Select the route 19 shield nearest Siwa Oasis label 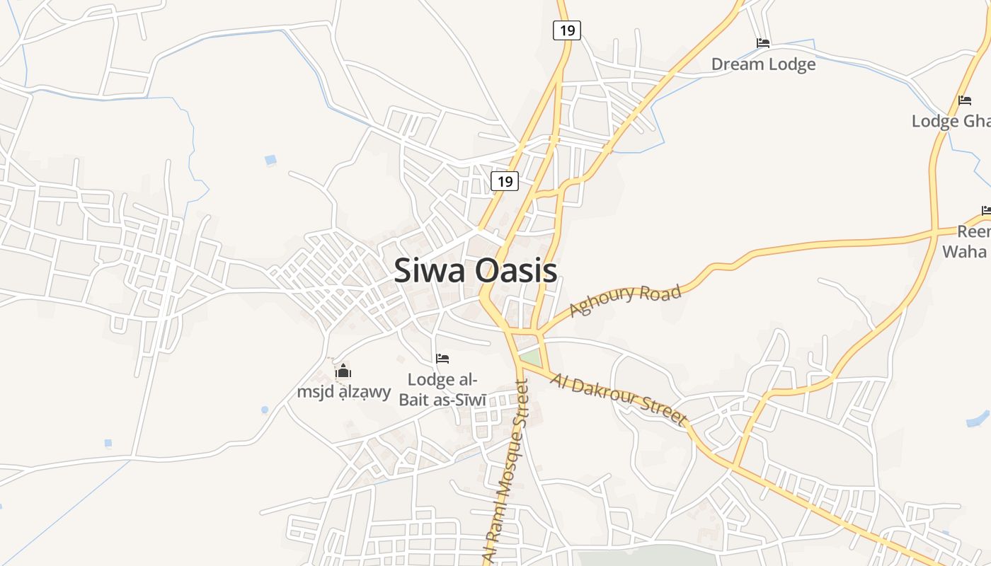tap(505, 181)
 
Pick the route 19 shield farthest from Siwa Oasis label tap(567, 30)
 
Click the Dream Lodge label tap(763, 64)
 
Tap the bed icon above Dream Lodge tap(762, 43)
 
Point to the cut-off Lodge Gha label tap(951, 121)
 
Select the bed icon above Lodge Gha tap(964, 100)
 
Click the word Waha tap(964, 251)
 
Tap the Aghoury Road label tap(625, 301)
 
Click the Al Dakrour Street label tap(617, 400)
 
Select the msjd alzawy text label tap(343, 391)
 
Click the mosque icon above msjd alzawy tap(343, 371)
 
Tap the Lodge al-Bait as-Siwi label tap(442, 390)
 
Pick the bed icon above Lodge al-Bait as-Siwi tap(442, 359)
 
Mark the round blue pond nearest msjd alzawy tap(265, 410)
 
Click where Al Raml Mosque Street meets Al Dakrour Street tap(520, 364)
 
